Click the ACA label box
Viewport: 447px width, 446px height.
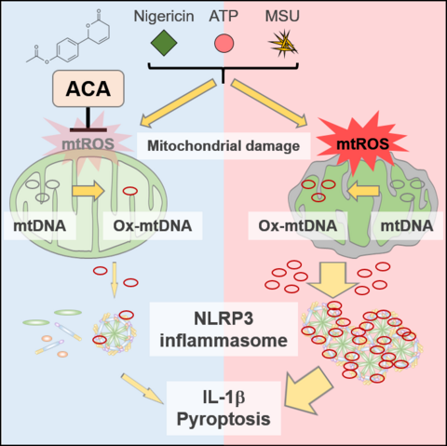[x=88, y=88]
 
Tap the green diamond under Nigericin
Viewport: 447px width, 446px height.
[x=164, y=43]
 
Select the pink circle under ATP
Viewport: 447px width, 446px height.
[x=223, y=43]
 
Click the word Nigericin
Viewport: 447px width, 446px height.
[x=164, y=16]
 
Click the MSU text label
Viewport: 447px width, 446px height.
[x=282, y=16]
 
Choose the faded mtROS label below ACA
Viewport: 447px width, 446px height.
[x=88, y=144]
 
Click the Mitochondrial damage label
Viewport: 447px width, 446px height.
[x=223, y=145]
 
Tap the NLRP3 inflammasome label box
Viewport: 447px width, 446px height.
[x=223, y=330]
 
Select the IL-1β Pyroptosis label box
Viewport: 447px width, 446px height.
[x=223, y=408]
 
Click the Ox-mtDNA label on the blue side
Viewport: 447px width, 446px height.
[x=153, y=225]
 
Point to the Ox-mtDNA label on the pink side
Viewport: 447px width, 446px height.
[x=298, y=225]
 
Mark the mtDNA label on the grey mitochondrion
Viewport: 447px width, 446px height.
[x=407, y=225]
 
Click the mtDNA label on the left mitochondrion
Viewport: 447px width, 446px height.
[x=40, y=225]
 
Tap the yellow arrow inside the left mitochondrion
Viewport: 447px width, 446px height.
[x=88, y=191]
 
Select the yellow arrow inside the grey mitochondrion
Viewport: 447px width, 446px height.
[x=363, y=191]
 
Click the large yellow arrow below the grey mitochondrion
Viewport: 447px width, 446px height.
[x=332, y=279]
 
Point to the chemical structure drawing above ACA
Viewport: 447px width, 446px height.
[x=68, y=36]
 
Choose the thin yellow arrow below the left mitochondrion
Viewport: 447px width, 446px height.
[x=115, y=279]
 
